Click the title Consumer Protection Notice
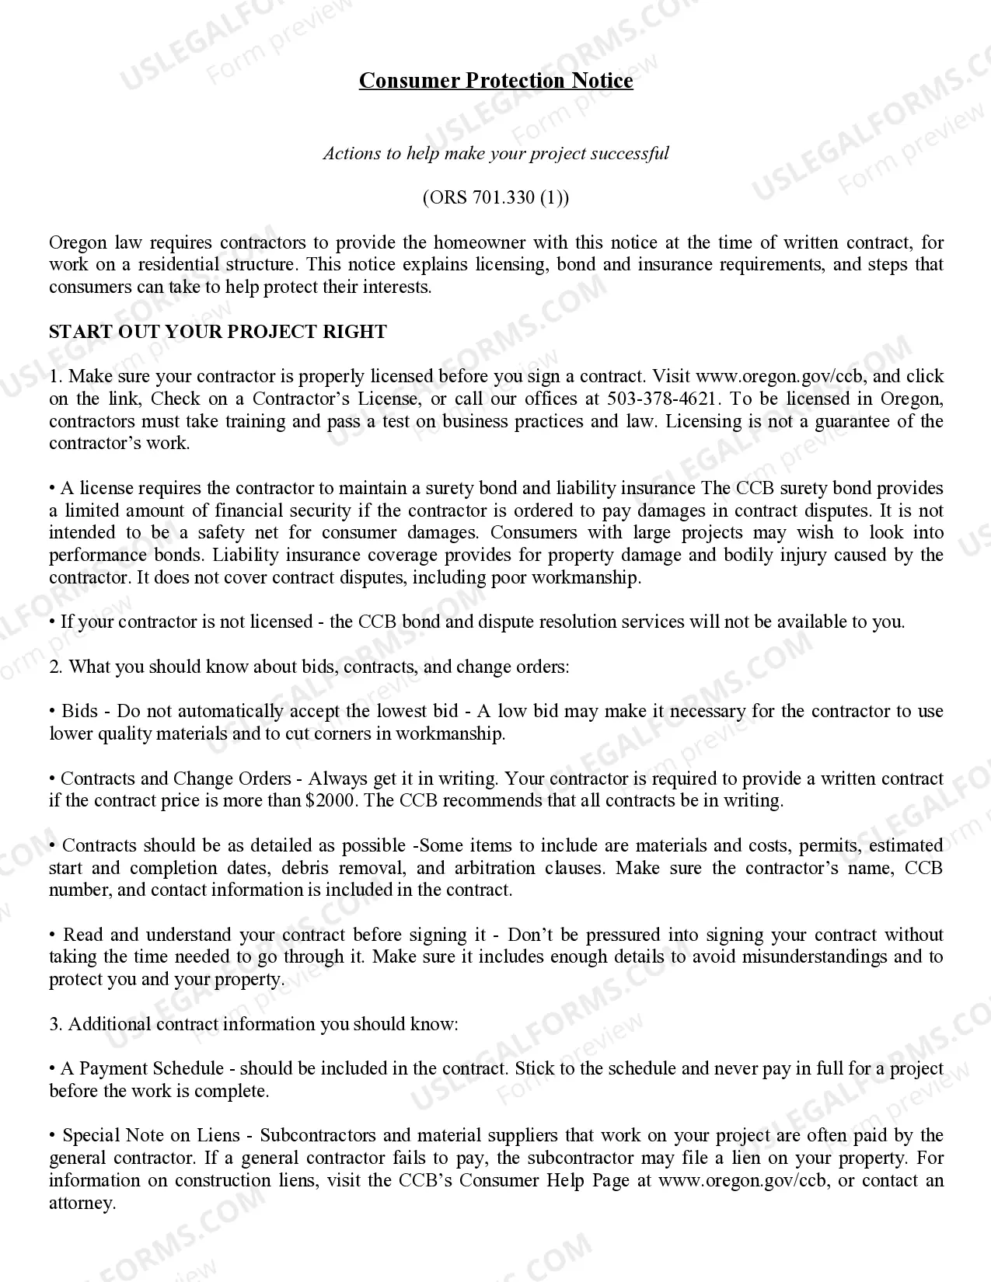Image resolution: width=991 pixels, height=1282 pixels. (x=495, y=81)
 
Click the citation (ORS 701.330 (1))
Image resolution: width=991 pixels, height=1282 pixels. (x=495, y=197)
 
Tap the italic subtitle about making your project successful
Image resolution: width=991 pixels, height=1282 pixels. (x=495, y=153)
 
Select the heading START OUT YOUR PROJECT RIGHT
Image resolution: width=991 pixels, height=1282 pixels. (x=218, y=332)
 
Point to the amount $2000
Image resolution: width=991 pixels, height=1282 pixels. (x=332, y=801)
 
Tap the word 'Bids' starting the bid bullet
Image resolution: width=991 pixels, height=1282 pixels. (x=79, y=712)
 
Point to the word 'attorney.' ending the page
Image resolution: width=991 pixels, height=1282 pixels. (x=82, y=1204)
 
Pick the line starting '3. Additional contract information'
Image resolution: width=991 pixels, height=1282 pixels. (x=253, y=1025)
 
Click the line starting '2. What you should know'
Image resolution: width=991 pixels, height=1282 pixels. (x=309, y=667)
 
